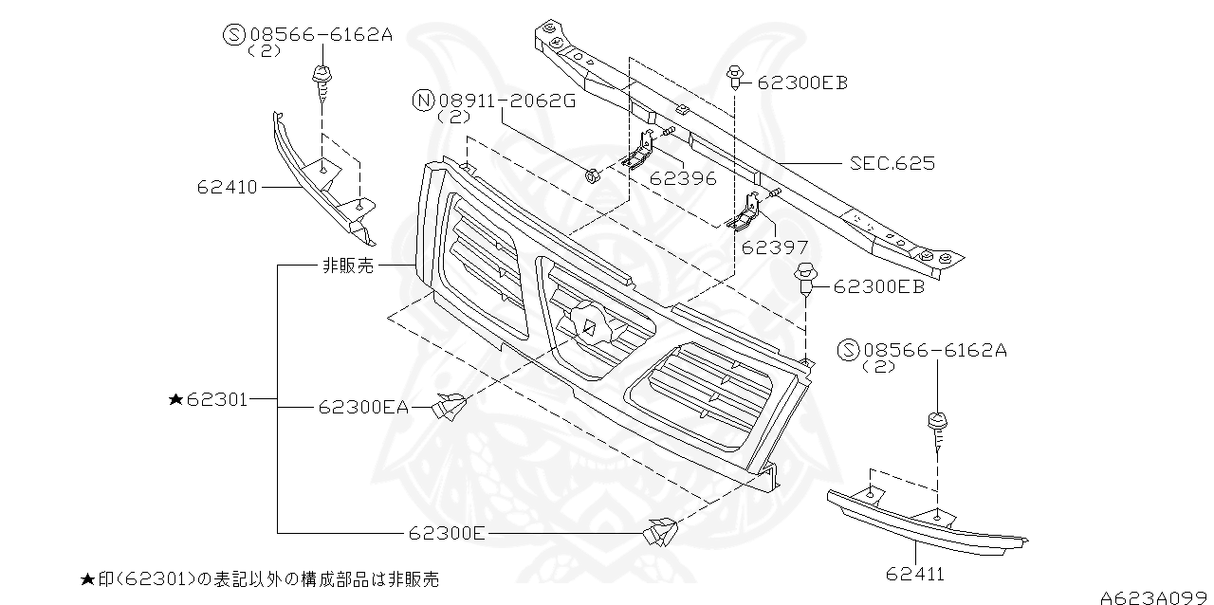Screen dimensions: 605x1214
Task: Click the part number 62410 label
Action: click(x=227, y=188)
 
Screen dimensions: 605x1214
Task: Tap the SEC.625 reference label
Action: click(x=892, y=163)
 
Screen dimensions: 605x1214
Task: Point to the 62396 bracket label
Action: click(x=683, y=178)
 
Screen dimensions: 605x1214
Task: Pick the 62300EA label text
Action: click(x=363, y=408)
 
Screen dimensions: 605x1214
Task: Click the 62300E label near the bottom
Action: click(x=448, y=533)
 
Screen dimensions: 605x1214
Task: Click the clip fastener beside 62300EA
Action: click(x=450, y=407)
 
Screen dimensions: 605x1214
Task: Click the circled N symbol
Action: click(x=423, y=100)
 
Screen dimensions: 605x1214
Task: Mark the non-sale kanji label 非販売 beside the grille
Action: click(x=347, y=266)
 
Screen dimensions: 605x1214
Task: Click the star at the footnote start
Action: click(x=86, y=578)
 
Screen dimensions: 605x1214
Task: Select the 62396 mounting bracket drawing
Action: click(x=640, y=152)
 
